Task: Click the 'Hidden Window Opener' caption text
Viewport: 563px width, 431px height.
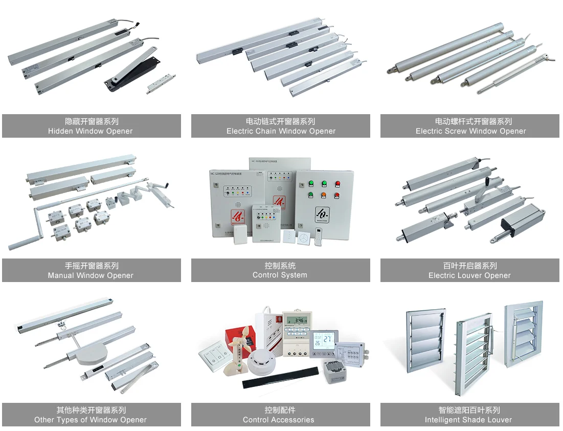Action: point(91,131)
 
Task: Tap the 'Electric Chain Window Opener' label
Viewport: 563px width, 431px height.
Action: point(281,131)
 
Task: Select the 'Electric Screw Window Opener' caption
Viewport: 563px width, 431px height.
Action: point(470,131)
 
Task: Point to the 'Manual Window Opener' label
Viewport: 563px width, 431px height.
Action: point(91,275)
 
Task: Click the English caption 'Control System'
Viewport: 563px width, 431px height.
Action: point(280,275)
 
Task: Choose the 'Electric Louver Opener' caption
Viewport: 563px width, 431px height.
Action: point(469,275)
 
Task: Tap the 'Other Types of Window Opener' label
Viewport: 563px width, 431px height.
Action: point(91,420)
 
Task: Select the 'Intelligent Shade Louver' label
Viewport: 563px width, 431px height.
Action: point(468,420)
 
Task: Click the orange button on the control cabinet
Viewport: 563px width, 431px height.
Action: point(323,195)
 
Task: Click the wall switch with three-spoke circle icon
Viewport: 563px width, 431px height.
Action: point(303,239)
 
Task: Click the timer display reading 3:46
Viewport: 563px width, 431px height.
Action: point(297,320)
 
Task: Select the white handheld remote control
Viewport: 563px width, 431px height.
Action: point(320,238)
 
